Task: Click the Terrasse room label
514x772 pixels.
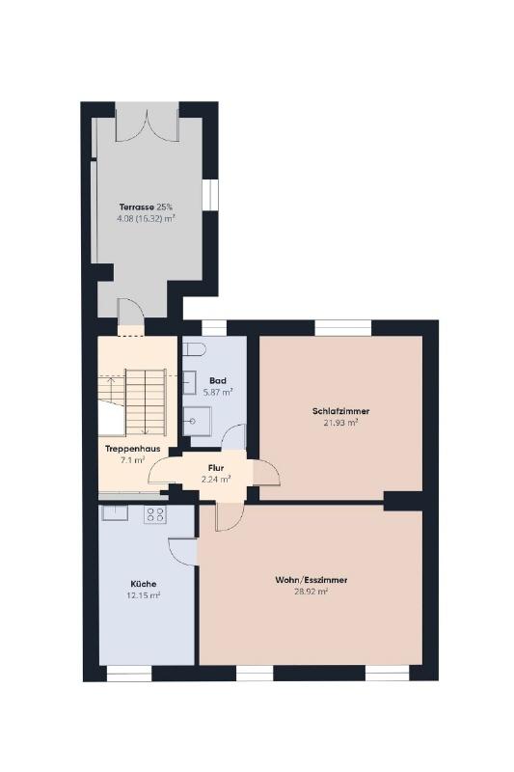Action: [x=137, y=207]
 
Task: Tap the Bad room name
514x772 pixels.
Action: [x=218, y=380]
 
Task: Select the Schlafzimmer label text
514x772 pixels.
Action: [x=340, y=411]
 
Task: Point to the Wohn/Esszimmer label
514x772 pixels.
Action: [x=311, y=580]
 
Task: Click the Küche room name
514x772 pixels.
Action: [x=144, y=584]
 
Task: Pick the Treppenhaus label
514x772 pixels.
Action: [x=133, y=449]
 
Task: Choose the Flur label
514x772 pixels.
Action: [x=216, y=468]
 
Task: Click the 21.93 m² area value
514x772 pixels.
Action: [x=340, y=423]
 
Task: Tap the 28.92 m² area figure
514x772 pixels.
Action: [x=311, y=592]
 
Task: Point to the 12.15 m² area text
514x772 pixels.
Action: [x=144, y=595]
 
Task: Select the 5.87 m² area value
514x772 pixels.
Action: [x=218, y=393]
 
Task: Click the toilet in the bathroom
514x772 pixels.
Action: [x=194, y=349]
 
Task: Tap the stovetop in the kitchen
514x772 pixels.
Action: [x=155, y=514]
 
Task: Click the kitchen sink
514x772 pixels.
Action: [x=115, y=512]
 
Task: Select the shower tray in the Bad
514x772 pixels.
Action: [x=198, y=421]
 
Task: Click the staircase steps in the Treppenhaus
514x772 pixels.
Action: [x=146, y=402]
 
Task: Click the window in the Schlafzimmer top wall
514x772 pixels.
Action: [x=343, y=328]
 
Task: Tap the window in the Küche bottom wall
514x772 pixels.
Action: [x=129, y=673]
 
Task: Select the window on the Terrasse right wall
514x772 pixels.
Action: [x=210, y=194]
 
